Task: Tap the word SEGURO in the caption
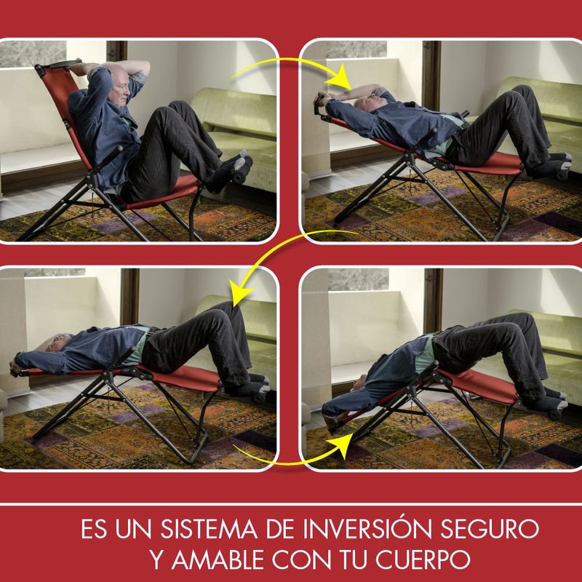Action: pos(490,529)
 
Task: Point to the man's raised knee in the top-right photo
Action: pos(519,95)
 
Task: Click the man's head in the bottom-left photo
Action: pos(57,342)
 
